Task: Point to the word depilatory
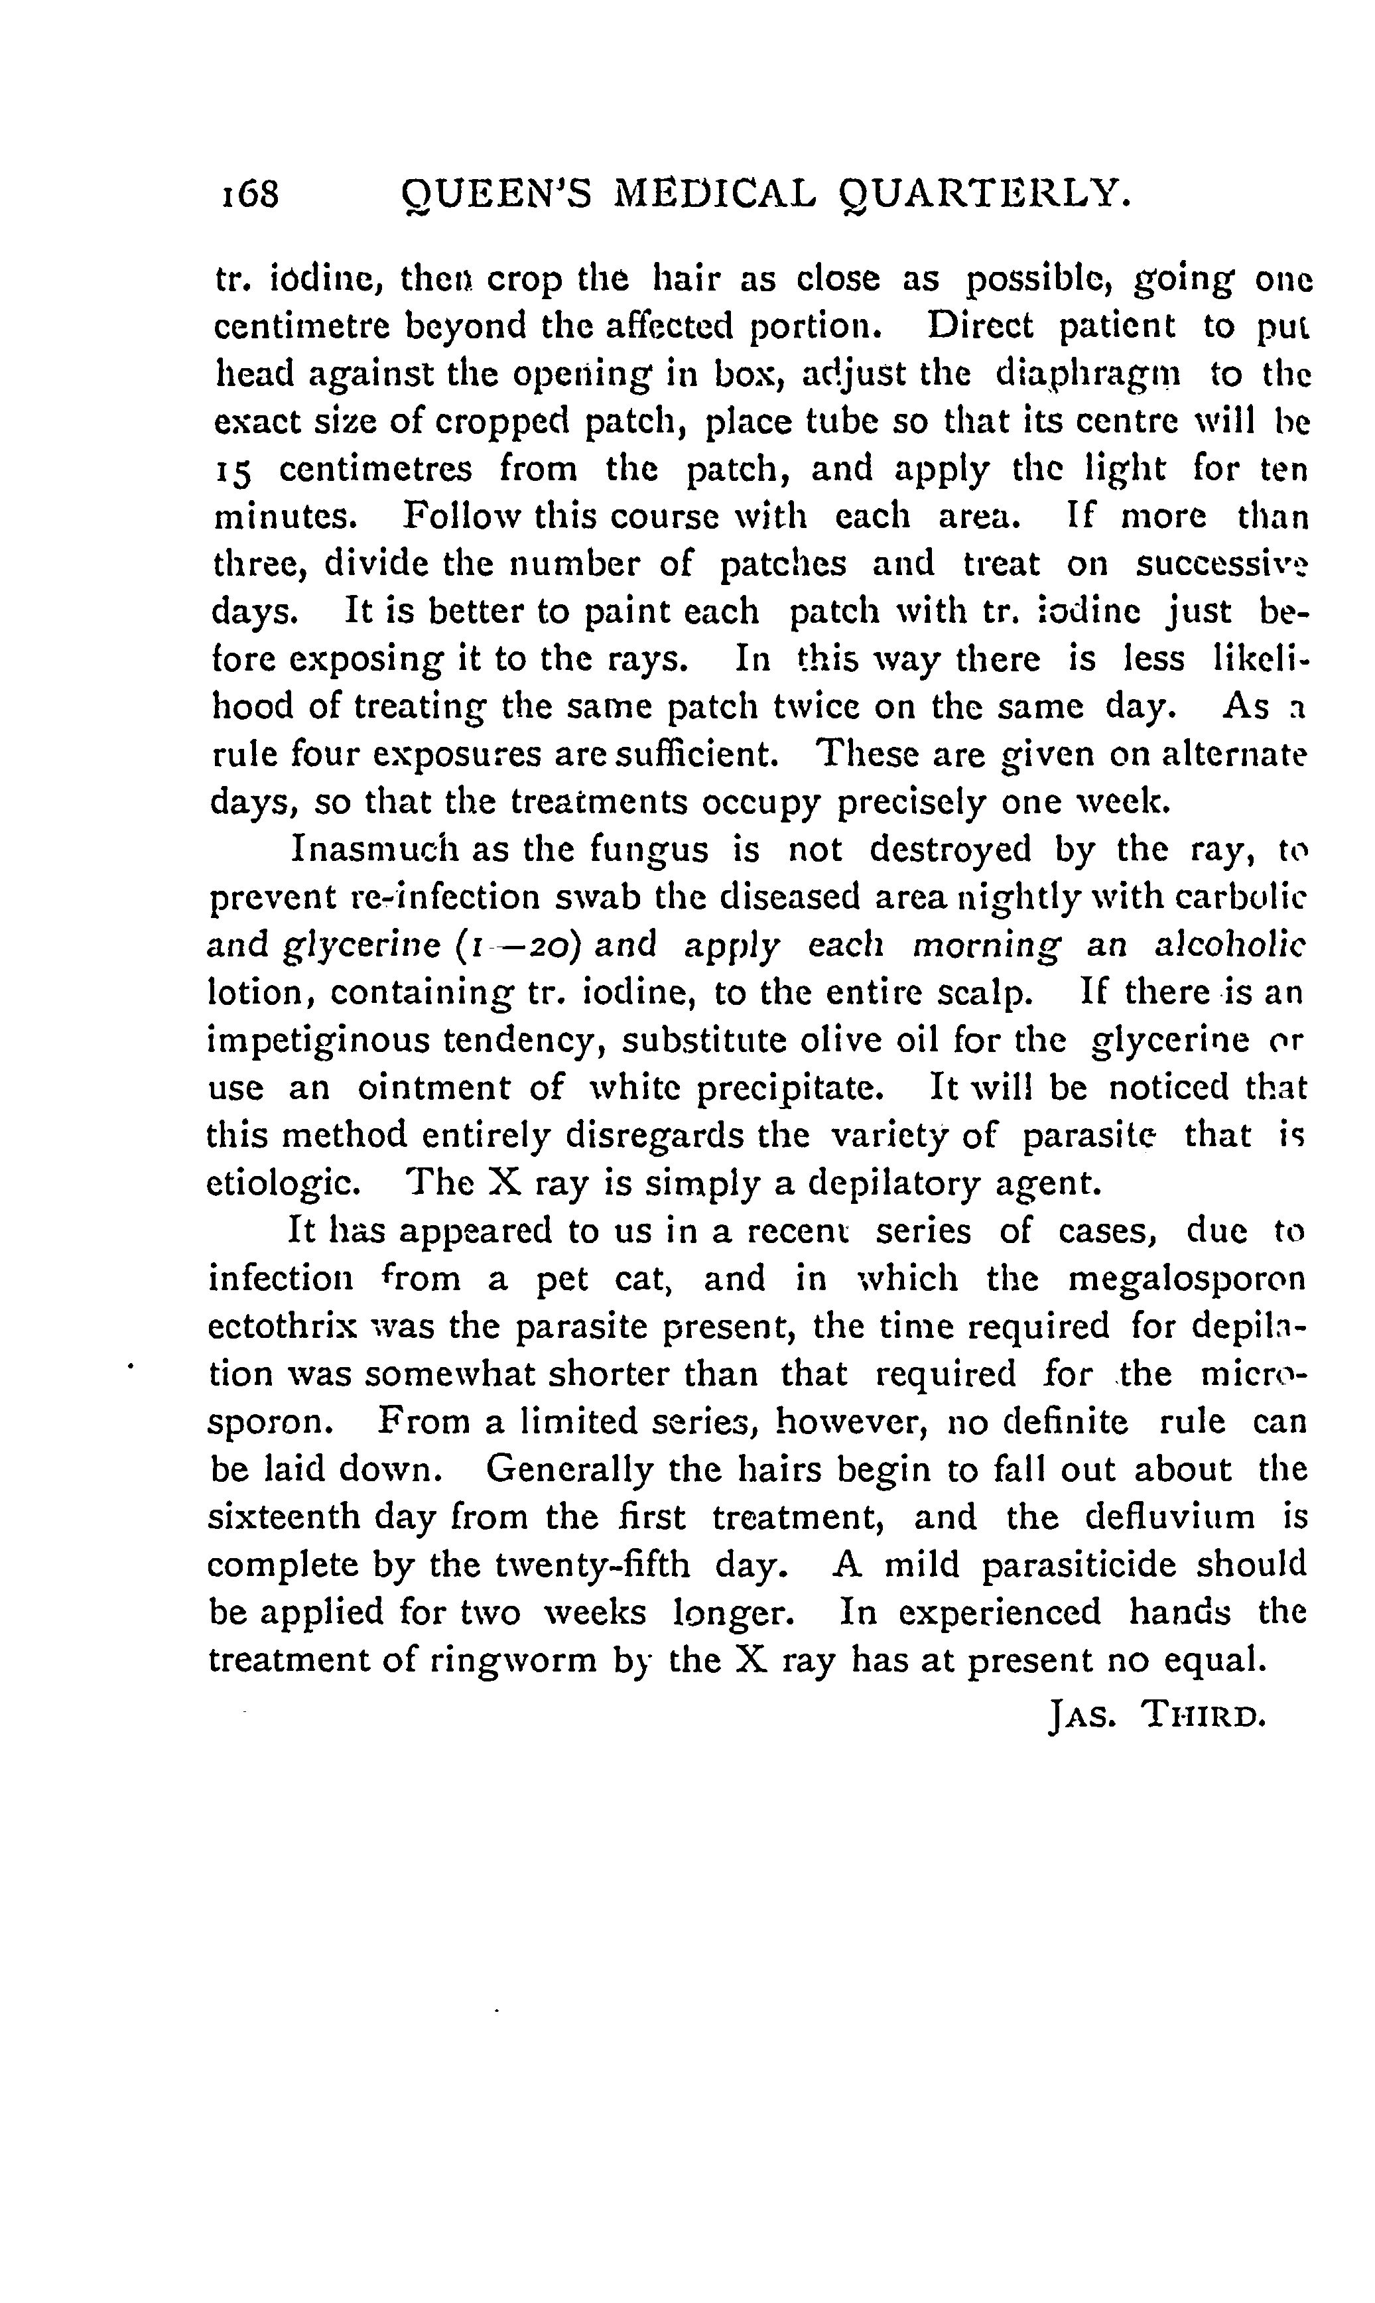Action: pyautogui.click(x=896, y=1184)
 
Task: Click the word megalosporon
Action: pyautogui.click(x=1186, y=1280)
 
